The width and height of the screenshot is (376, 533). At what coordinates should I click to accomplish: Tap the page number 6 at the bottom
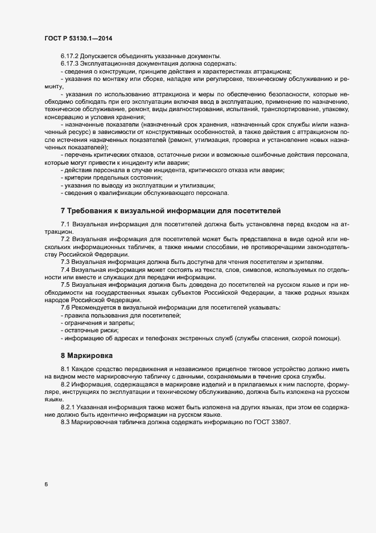point(46,485)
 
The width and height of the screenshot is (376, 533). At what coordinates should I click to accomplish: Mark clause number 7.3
point(65,261)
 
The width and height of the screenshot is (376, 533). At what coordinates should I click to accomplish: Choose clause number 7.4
point(65,269)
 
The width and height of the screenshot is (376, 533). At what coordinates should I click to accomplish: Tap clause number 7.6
point(65,308)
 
